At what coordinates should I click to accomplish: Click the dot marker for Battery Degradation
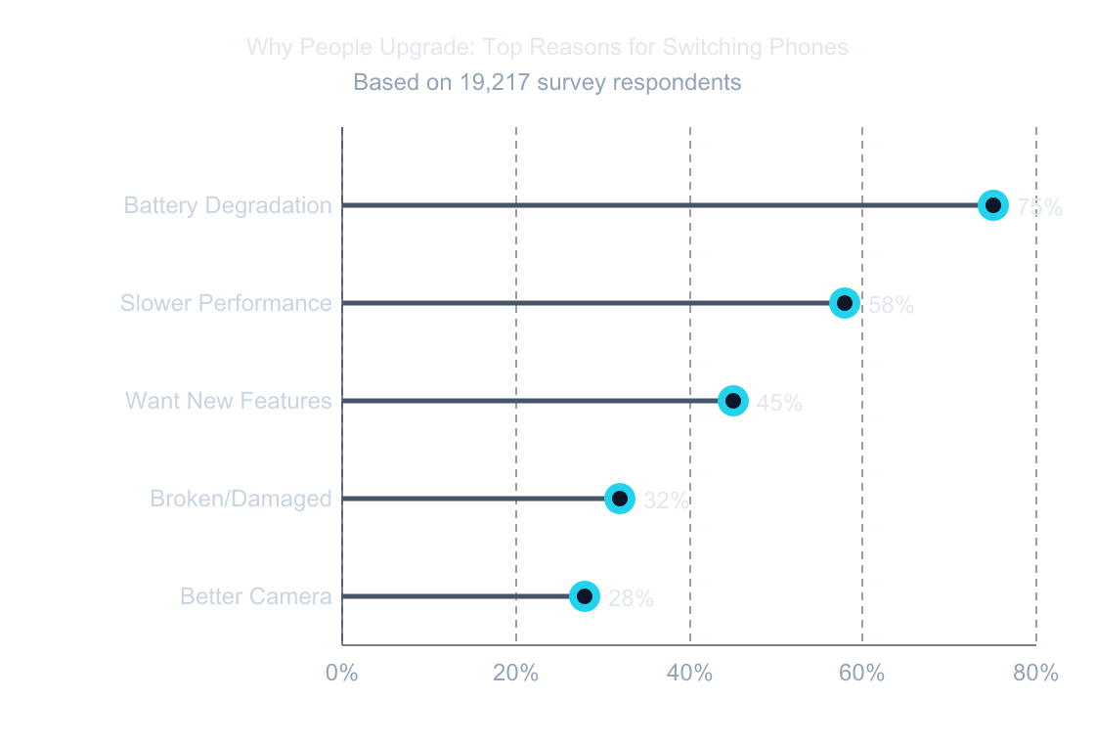coord(992,205)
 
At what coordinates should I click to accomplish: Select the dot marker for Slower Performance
coord(845,303)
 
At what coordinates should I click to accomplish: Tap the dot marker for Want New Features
coord(733,401)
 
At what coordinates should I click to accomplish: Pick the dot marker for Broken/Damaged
coord(620,499)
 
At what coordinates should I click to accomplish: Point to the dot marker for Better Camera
coord(585,596)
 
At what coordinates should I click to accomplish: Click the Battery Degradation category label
coord(228,205)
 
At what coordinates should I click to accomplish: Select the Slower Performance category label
coord(226,303)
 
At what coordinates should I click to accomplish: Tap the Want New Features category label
coord(229,401)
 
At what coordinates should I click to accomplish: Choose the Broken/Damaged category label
coord(241,499)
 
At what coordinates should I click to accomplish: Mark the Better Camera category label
coord(256,596)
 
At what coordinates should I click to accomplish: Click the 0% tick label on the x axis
coord(341,673)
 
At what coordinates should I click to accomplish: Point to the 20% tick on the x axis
coord(516,673)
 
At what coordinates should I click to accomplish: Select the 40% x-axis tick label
coord(689,673)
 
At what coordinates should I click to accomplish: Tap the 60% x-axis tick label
coord(862,673)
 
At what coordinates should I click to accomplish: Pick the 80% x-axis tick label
coord(1035,673)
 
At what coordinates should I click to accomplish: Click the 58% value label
coord(892,305)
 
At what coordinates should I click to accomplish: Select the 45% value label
coord(779,403)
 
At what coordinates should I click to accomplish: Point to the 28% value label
coord(631,598)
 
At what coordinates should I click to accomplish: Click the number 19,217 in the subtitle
coord(494,82)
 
